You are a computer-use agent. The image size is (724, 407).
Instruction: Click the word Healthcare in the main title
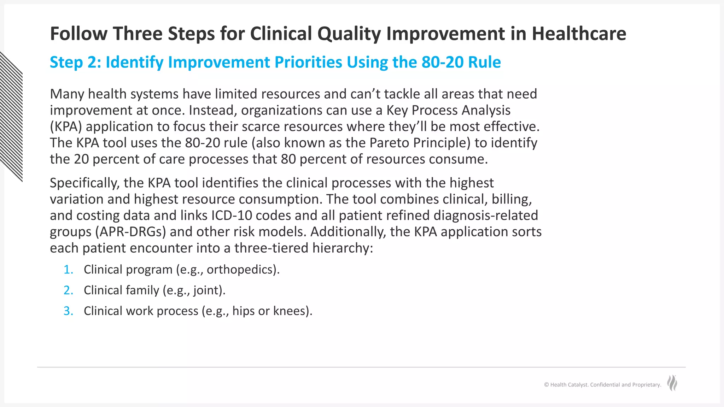579,34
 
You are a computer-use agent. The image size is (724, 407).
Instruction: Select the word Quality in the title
349,34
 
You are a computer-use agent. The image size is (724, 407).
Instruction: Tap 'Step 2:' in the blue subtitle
75,62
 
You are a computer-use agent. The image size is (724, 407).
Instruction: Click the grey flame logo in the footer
672,383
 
